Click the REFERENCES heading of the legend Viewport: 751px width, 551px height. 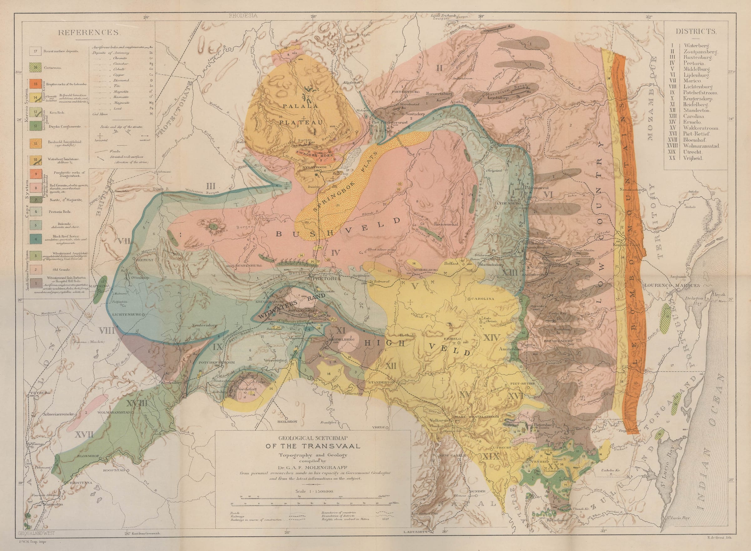coord(89,32)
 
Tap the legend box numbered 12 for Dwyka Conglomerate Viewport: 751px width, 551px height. coord(35,127)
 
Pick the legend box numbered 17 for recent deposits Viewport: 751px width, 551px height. coord(35,52)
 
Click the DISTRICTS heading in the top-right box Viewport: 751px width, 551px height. coord(696,31)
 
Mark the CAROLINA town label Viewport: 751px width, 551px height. coord(483,299)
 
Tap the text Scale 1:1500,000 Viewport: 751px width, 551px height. coord(314,491)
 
